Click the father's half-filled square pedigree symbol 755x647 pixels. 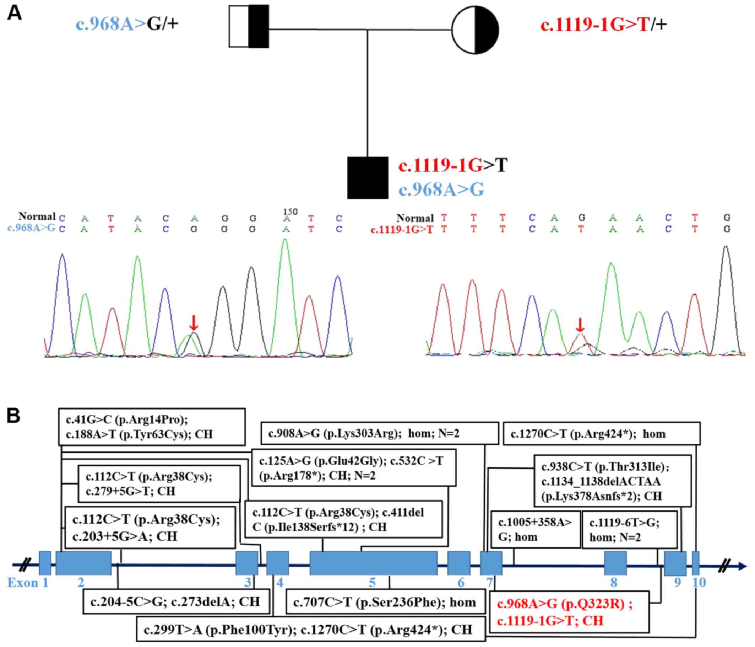pos(249,26)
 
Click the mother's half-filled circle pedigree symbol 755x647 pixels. pos(475,30)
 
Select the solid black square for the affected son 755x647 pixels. pos(367,178)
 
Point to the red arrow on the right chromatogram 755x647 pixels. pos(580,325)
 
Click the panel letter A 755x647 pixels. pos(14,14)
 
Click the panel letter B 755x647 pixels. pos(13,416)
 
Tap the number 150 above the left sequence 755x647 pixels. pos(290,212)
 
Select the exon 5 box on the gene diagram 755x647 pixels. pos(373,563)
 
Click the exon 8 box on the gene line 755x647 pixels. pos(615,563)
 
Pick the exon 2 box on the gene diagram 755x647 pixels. pos(83,563)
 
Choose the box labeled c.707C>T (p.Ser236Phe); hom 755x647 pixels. pos(386,602)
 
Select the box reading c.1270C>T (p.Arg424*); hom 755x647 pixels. pos(601,434)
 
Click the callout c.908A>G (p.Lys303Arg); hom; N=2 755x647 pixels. pos(379,433)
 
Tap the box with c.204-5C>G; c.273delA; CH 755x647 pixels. pos(176,602)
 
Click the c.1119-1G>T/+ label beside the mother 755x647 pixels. pos(603,25)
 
